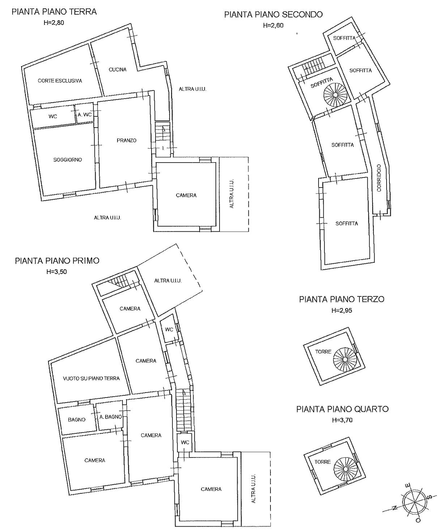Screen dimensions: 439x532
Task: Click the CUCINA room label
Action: pos(118,69)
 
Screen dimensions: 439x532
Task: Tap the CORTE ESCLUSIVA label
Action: pos(60,81)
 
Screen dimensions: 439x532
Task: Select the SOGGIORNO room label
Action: pos(68,160)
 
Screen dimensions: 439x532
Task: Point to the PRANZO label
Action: pos(127,140)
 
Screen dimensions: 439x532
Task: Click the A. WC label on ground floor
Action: pos(85,115)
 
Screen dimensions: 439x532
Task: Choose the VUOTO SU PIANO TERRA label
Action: pos(91,378)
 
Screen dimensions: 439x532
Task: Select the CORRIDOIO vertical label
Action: pos(379,178)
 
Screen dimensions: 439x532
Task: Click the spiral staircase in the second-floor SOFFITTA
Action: pos(335,95)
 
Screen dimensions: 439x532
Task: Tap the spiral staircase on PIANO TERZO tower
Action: pos(345,359)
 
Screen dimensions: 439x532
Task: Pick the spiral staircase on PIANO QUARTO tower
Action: pos(345,469)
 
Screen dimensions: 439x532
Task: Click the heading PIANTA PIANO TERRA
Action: pos(54,12)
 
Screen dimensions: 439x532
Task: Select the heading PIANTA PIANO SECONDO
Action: pos(273,14)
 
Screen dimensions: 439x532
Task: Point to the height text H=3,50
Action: pos(57,272)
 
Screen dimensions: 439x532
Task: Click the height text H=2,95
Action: pos(342,310)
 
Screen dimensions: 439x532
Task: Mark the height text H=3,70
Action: pos(342,420)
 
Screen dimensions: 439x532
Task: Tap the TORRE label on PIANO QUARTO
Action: pos(323,462)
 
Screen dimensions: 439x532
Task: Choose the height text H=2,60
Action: pos(273,25)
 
